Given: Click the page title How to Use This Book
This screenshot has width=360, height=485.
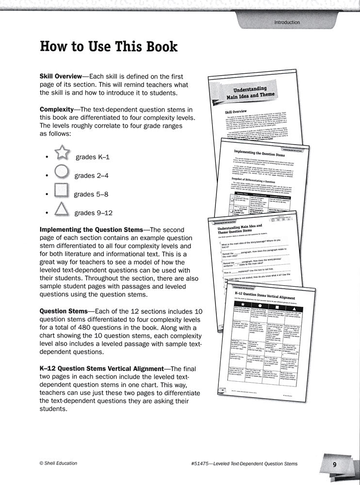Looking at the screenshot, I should click(108, 47).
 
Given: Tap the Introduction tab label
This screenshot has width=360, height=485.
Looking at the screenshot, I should click(287, 22).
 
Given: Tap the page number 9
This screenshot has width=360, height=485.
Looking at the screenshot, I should click(334, 465).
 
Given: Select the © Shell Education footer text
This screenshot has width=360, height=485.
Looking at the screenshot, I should click(58, 464).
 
